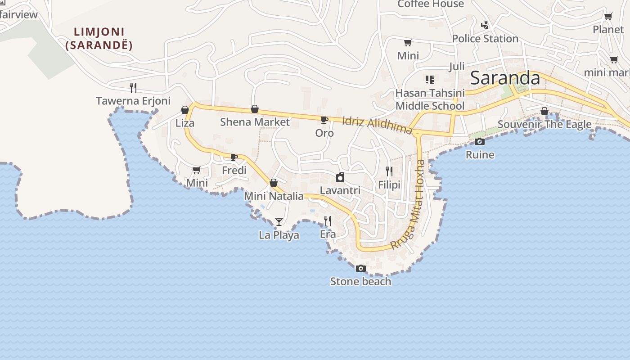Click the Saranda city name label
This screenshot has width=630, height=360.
point(505,78)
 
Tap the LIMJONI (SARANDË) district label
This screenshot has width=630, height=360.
point(99,39)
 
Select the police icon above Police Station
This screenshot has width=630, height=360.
point(485,25)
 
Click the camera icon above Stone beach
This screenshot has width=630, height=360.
point(360,269)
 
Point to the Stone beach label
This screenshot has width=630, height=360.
point(360,282)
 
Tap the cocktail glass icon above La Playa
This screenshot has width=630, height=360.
point(279,221)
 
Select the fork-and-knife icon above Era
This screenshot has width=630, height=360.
point(328,220)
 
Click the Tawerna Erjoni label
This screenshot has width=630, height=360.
point(133,101)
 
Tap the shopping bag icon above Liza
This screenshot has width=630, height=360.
point(184,110)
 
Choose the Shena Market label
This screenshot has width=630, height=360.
point(255,122)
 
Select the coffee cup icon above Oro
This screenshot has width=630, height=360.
point(324,120)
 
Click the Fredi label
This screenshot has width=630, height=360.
point(234,171)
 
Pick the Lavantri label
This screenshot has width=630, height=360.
point(340,190)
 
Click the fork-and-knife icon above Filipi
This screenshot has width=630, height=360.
point(389,171)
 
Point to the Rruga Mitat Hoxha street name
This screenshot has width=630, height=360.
point(409,204)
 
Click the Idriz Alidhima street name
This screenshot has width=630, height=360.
point(377,126)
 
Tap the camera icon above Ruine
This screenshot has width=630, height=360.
point(480,142)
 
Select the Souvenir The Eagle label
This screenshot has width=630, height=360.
point(544,124)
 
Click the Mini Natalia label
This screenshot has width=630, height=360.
point(274,197)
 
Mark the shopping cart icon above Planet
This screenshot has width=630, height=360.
point(608,17)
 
